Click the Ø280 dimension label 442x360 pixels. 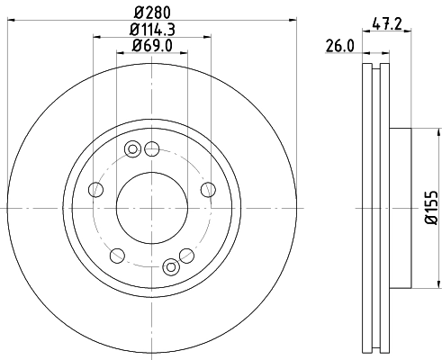(152, 13)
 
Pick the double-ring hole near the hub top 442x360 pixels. (133, 148)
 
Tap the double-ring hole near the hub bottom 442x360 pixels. (171, 265)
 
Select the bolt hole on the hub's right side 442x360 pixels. (208, 189)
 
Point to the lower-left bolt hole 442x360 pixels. (116, 255)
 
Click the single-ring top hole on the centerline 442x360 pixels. (152, 148)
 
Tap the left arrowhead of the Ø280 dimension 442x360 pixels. (11, 22)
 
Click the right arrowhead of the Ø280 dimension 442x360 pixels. (293, 22)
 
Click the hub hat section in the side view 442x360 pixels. (400, 209)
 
